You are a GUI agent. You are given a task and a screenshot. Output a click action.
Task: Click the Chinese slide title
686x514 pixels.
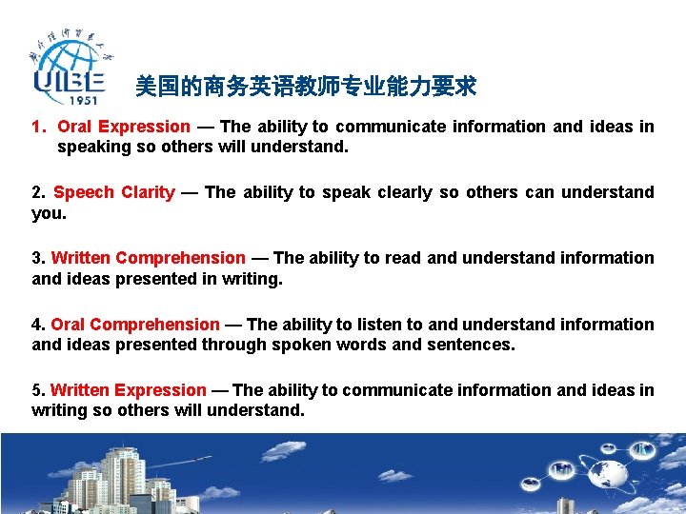(x=305, y=88)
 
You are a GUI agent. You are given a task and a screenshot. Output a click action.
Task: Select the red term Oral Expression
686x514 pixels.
(x=124, y=127)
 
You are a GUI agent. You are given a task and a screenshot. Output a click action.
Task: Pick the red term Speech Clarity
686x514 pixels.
(x=114, y=192)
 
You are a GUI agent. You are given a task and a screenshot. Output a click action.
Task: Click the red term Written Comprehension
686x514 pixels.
(x=148, y=258)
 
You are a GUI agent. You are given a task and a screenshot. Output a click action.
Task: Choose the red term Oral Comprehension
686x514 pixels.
(x=134, y=325)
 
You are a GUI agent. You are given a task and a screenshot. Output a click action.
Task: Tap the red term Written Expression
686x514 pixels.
(x=128, y=390)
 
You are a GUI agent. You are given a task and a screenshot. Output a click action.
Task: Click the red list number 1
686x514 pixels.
(x=37, y=127)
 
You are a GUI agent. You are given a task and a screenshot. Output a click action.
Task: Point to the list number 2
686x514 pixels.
(x=37, y=192)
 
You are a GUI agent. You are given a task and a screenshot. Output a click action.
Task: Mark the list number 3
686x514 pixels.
(x=37, y=258)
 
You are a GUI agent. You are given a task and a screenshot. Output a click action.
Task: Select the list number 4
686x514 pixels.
(x=37, y=325)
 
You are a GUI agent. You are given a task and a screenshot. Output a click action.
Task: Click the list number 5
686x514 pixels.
(x=37, y=390)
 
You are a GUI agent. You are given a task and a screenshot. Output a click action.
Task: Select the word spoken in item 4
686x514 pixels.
(x=294, y=345)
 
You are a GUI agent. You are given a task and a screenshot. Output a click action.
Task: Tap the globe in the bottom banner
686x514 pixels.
(x=605, y=473)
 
